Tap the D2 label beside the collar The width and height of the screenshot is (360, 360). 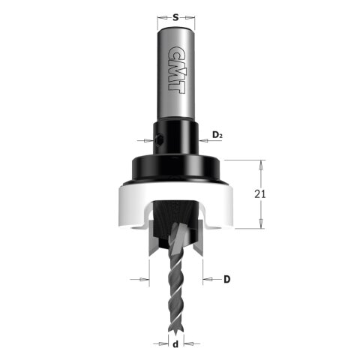point(217,135)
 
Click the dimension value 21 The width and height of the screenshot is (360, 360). point(261,193)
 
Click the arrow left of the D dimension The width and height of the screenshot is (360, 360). point(145,279)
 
